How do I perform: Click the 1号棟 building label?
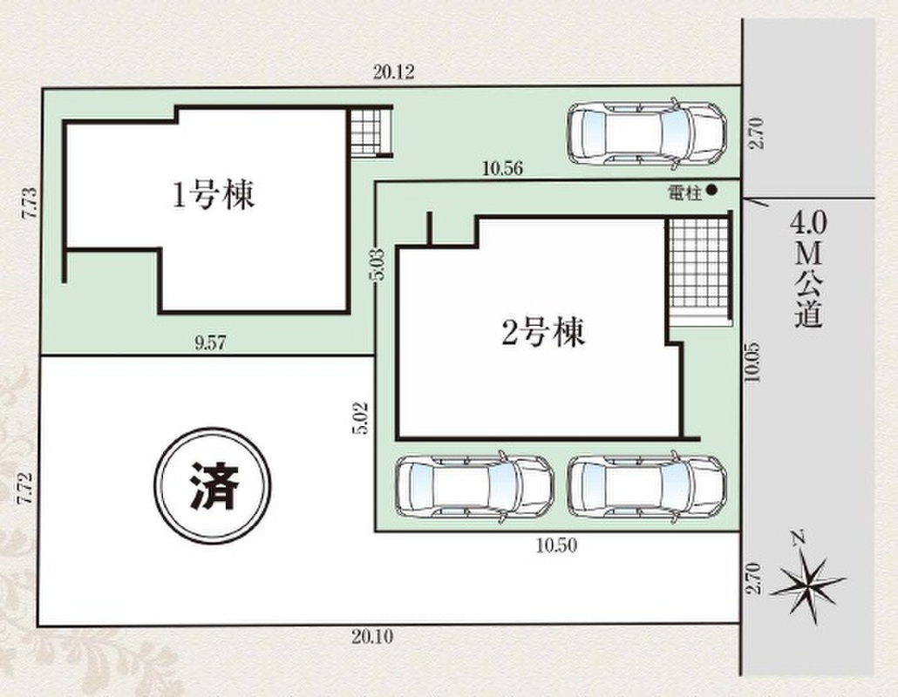coord(214,195)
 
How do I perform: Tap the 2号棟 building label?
coord(543,332)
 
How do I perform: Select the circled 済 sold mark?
coord(213,487)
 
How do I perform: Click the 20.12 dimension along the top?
coord(393,72)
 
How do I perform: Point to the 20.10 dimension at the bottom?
coord(372,636)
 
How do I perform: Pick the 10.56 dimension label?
coord(502,169)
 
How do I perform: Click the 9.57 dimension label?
coord(210,342)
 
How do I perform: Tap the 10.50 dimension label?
coord(556,545)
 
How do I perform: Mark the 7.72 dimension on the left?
coord(25,488)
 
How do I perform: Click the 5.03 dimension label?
coord(378,264)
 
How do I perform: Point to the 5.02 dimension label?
coord(361,419)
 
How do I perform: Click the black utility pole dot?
coord(711,190)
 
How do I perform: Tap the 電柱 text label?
coord(684,193)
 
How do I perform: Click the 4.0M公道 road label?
coord(809,269)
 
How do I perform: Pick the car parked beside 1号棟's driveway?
coord(647,134)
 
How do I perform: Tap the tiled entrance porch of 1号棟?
coord(371,132)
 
